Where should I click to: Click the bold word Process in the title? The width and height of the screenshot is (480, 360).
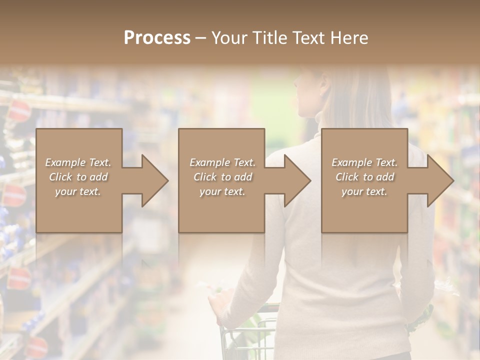(157, 38)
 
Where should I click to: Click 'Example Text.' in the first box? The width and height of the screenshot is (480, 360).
(78, 162)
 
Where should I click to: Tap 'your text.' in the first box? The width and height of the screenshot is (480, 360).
(78, 191)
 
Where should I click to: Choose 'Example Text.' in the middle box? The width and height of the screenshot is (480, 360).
(222, 162)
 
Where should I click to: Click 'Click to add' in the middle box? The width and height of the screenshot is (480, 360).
(222, 177)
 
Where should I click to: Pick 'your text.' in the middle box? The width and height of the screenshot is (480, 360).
(222, 191)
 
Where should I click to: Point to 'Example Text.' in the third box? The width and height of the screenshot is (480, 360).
(364, 162)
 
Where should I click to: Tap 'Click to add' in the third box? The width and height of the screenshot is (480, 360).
(364, 177)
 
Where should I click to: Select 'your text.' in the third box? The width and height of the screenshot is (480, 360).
(364, 191)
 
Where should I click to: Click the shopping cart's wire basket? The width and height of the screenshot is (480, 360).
(250, 335)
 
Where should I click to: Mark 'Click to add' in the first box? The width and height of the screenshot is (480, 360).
(78, 177)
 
